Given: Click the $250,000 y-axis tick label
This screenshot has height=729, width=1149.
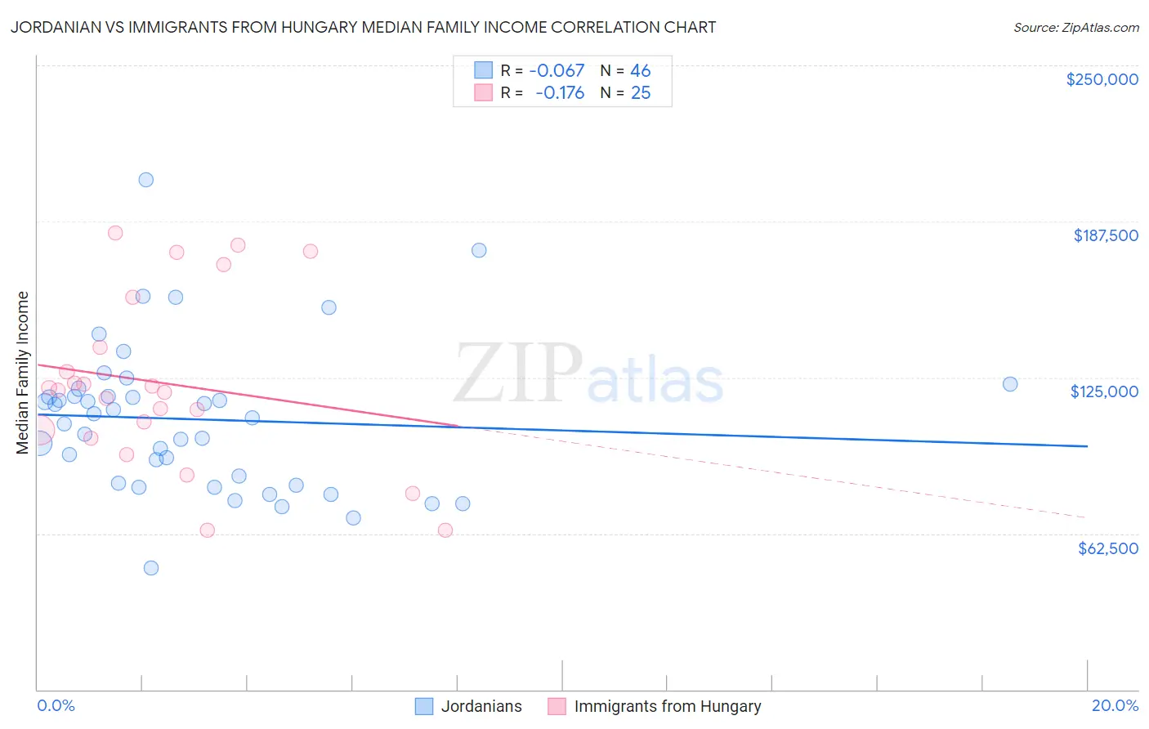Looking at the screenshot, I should [x=1102, y=79].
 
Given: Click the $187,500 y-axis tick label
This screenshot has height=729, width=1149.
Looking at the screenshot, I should [x=1105, y=235].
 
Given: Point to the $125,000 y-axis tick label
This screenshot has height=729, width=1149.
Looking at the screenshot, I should [x=1104, y=391].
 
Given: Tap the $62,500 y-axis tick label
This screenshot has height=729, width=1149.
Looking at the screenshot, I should [x=1107, y=548].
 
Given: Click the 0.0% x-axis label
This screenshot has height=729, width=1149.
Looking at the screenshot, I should [x=56, y=706].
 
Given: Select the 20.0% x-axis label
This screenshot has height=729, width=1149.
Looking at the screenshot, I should [x=1115, y=706].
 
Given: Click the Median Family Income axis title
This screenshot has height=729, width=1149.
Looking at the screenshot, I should [x=23, y=373].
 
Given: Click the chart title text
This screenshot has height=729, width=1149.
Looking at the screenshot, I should [x=363, y=27].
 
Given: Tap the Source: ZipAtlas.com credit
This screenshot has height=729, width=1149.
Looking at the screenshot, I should [x=1075, y=28].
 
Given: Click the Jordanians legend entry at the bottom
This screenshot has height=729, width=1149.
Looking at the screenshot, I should [x=469, y=706].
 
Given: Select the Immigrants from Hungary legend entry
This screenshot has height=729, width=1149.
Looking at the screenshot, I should [x=655, y=706].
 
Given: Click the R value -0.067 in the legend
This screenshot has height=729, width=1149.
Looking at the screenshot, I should [x=557, y=71].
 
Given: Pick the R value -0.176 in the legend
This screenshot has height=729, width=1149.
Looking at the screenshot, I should [x=560, y=93].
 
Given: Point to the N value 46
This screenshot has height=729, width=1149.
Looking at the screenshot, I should [x=640, y=71].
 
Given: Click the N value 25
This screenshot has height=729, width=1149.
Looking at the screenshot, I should [x=640, y=93].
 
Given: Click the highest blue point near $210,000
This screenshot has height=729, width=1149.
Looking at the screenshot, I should [x=146, y=180].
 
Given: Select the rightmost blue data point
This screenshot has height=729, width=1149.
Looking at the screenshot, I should [x=1010, y=384].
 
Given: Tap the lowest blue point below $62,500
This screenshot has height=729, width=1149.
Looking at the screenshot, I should [x=151, y=568].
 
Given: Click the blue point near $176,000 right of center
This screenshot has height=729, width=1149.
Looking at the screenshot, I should [x=479, y=250].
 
